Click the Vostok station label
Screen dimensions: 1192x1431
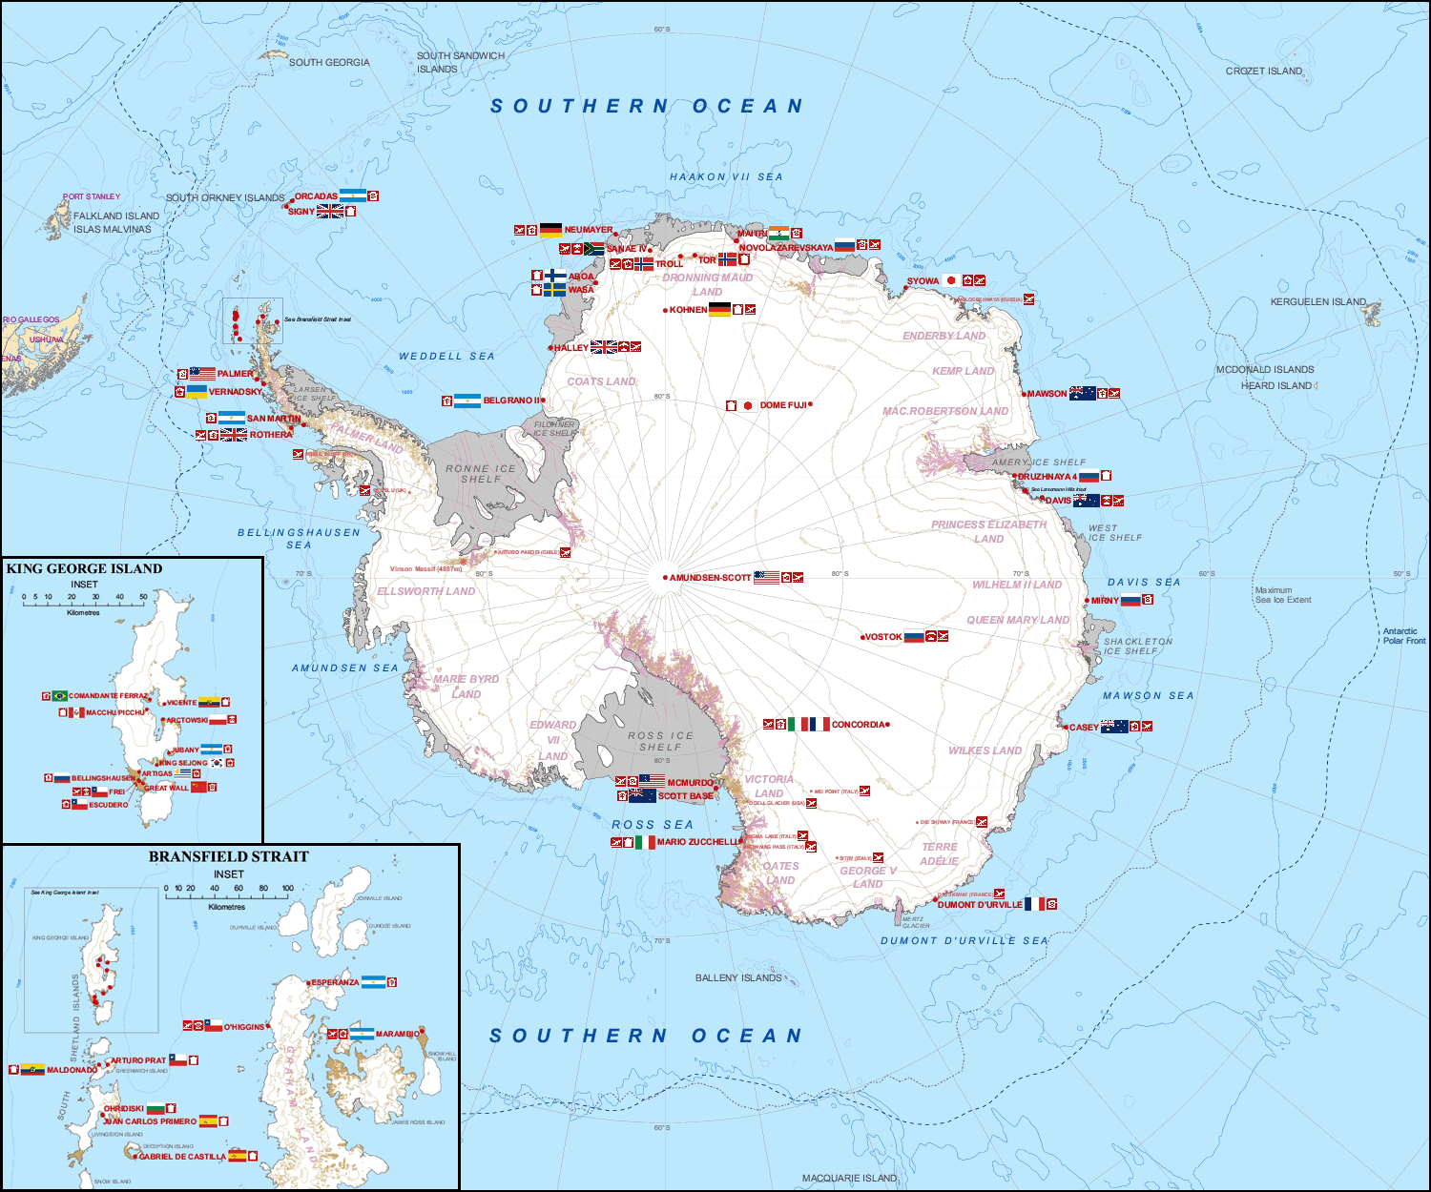(x=883, y=637)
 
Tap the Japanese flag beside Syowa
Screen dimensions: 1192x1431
(x=951, y=280)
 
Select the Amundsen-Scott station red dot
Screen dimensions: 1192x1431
(x=665, y=577)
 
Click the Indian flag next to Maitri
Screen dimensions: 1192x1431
(x=778, y=234)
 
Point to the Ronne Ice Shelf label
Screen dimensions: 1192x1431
(x=481, y=473)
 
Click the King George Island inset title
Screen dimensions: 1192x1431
(x=84, y=568)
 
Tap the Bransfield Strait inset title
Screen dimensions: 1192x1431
(x=228, y=856)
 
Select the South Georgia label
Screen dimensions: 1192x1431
(x=329, y=62)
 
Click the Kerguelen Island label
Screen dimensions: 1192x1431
(x=1317, y=301)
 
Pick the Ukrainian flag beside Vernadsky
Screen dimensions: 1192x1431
(x=197, y=391)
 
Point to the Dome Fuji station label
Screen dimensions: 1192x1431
(x=783, y=405)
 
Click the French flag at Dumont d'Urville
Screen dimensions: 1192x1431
(x=1034, y=904)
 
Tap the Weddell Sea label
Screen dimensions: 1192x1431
(x=446, y=356)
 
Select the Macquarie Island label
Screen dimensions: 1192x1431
(x=849, y=1178)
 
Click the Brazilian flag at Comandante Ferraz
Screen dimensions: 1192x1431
(x=59, y=696)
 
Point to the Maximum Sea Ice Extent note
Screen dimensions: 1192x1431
(x=1282, y=595)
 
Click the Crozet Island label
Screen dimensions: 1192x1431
(x=1263, y=71)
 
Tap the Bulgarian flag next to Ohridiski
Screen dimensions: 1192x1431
(x=156, y=1108)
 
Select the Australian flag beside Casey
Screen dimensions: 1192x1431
(x=1114, y=727)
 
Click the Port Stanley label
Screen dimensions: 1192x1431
(x=92, y=196)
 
